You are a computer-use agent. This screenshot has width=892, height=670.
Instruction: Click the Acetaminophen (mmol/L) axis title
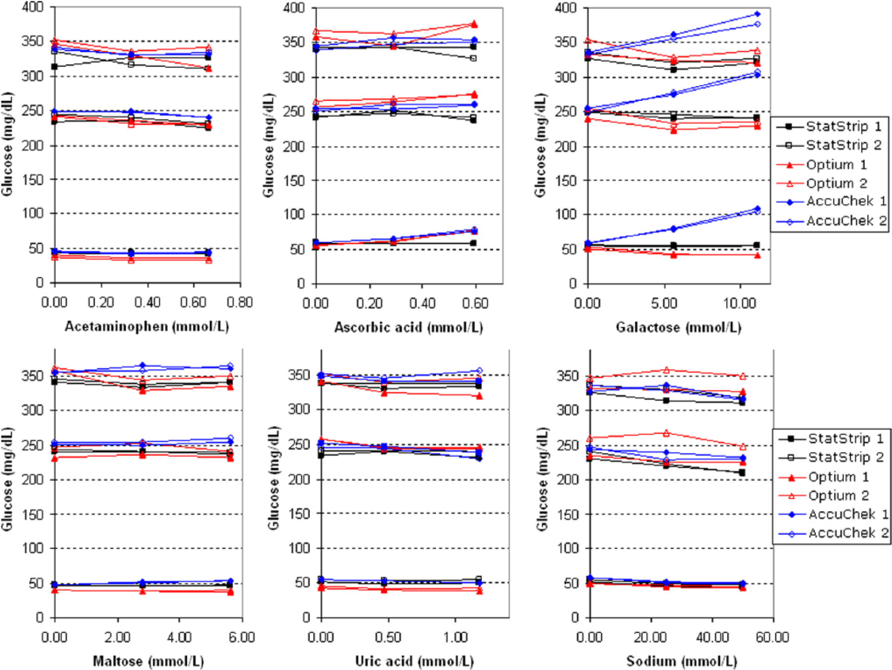(x=147, y=327)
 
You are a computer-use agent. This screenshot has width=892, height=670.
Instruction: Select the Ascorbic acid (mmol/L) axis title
(x=408, y=327)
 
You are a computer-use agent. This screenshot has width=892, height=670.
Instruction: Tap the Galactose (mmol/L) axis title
(x=678, y=327)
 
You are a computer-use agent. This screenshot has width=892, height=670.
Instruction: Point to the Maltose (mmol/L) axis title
(x=148, y=661)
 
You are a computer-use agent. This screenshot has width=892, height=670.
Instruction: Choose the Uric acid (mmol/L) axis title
(x=414, y=661)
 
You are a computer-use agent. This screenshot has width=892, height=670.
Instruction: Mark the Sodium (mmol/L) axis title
(x=682, y=661)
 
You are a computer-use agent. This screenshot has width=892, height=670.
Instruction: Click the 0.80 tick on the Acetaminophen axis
(x=240, y=302)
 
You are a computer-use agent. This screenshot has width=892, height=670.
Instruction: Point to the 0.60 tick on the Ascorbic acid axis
(x=475, y=303)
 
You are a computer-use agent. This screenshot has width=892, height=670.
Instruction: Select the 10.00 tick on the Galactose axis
(x=740, y=303)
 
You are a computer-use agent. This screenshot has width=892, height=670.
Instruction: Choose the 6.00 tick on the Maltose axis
(x=242, y=637)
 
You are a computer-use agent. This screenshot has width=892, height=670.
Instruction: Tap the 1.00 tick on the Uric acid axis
(x=455, y=637)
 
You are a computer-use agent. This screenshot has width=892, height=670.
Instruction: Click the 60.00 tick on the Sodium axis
(x=772, y=637)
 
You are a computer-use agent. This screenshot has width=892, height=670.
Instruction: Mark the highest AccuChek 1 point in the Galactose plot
(x=757, y=14)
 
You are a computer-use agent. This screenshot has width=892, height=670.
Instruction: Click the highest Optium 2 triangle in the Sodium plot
(x=666, y=370)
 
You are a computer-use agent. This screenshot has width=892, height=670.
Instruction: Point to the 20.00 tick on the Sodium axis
(x=650, y=637)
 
